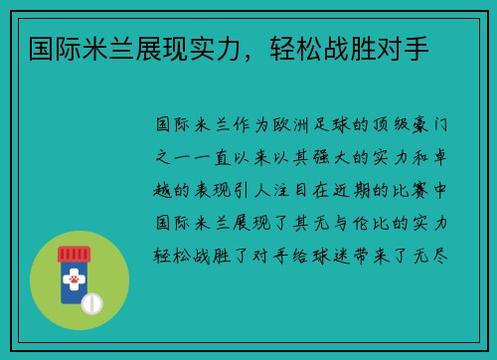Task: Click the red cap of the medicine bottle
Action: (74, 255)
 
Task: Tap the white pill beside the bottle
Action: (91, 303)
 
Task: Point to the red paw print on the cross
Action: (74, 279)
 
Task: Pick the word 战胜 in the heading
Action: (350, 49)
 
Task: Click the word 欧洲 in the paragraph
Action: (291, 125)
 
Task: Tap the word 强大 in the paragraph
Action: (331, 157)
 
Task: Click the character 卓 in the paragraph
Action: (440, 157)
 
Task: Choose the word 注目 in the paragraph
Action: (291, 190)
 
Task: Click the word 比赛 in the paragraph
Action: (411, 190)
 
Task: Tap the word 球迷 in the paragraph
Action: (331, 256)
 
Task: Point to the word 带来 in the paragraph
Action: (371, 256)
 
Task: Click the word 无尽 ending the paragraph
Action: (430, 256)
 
